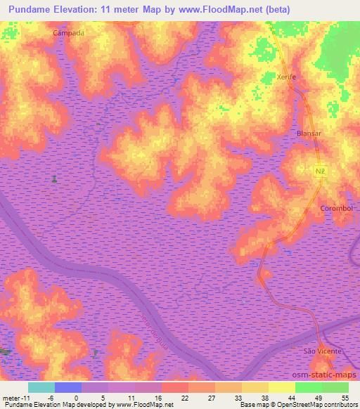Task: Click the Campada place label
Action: tap(68, 33)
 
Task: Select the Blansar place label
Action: tap(309, 133)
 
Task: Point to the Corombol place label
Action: tap(335, 208)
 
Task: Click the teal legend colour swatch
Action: tap(41, 387)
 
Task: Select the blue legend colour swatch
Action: tap(68, 387)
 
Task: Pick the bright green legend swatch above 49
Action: tap(309, 387)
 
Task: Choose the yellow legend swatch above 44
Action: tap(282, 387)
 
